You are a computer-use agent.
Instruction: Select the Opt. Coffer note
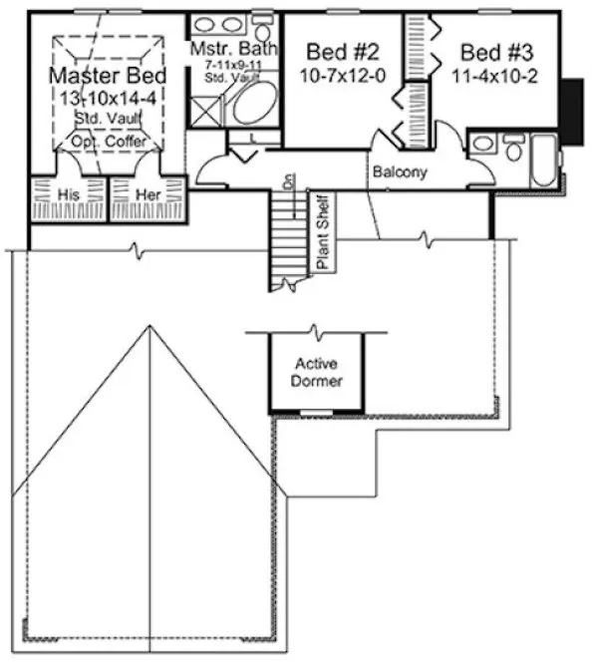point(109,142)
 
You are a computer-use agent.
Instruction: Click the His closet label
point(69,196)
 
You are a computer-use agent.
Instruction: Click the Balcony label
point(400,172)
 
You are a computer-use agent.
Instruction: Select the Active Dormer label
point(319,373)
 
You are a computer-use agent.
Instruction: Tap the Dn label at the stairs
point(288,181)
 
